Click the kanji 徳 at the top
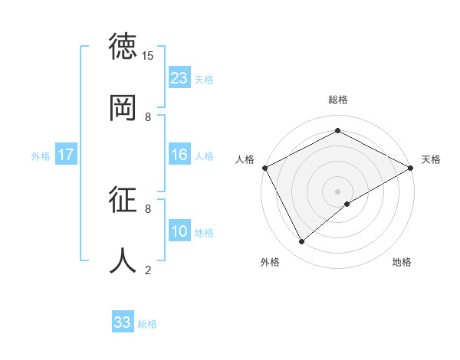[x=124, y=47]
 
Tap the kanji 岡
[x=124, y=107]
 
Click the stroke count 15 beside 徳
[x=149, y=56]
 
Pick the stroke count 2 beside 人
[x=148, y=270]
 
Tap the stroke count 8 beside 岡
[x=148, y=116]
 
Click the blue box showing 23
[x=179, y=78]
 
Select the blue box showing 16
[x=179, y=155]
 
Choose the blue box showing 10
[x=179, y=231]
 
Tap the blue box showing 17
[x=66, y=155]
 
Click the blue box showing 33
[x=123, y=322]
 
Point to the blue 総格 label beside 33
[x=147, y=324]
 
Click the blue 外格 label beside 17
[x=41, y=156]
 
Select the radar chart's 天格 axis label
[x=431, y=159]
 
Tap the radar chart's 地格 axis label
[x=402, y=263]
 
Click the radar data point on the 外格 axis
[x=302, y=241]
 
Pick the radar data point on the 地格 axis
[x=348, y=204]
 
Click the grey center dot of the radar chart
[x=338, y=191]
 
